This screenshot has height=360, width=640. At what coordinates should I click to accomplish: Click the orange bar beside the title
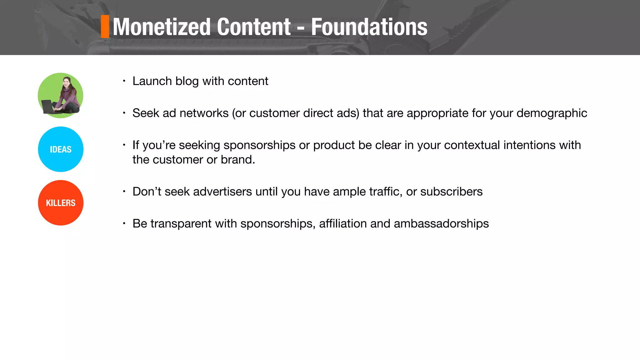pyautogui.click(x=105, y=27)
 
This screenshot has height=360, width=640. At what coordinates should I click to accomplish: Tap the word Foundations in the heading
pyautogui.click(x=369, y=27)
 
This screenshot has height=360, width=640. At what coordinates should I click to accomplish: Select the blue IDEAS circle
pyautogui.click(x=61, y=149)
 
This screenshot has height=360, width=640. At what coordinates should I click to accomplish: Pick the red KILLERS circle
pyautogui.click(x=61, y=203)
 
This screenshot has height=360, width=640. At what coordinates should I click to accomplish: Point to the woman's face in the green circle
pyautogui.click(x=66, y=82)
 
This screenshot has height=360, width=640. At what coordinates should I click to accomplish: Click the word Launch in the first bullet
pyautogui.click(x=152, y=81)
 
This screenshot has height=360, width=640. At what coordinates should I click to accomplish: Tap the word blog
pyautogui.click(x=187, y=81)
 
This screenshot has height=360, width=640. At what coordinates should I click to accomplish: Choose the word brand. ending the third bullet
pyautogui.click(x=238, y=160)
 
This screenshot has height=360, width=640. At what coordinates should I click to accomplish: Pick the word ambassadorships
pyautogui.click(x=441, y=224)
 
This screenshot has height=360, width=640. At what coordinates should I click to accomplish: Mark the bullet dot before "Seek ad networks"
pyautogui.click(x=124, y=113)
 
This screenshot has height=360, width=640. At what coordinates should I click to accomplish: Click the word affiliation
pyautogui.click(x=343, y=224)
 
